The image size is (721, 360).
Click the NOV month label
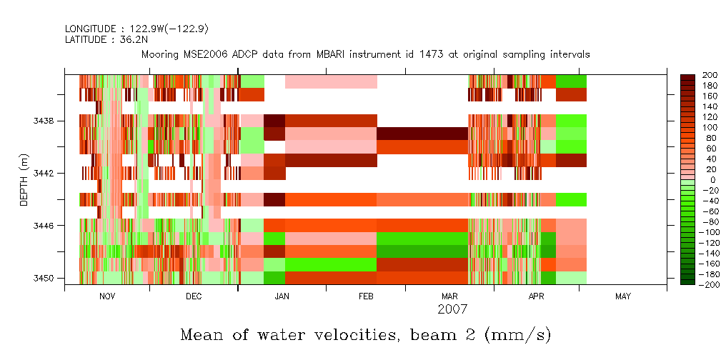point(106,296)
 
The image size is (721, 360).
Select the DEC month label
point(193,296)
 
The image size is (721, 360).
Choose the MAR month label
point(450,296)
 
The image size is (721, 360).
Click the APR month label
point(536,296)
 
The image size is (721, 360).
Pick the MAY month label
point(622,296)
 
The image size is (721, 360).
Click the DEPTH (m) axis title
point(24,184)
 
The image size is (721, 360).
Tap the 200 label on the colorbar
point(710,75)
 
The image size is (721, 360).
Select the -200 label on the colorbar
point(707,284)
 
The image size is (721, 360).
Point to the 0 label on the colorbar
point(705,180)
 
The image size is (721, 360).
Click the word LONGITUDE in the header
point(89,29)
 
